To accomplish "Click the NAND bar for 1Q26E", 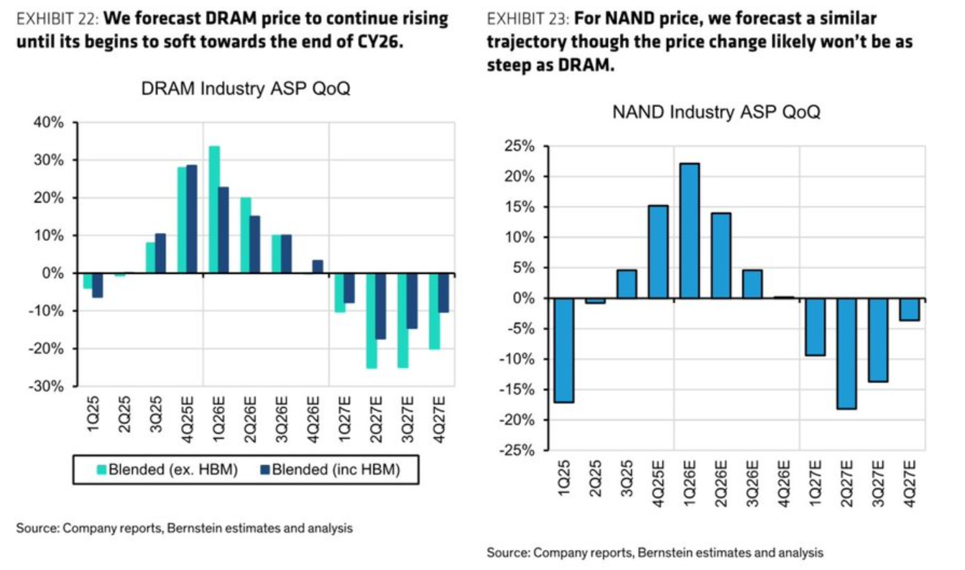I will [x=689, y=231].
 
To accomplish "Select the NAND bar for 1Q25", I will [x=563, y=350].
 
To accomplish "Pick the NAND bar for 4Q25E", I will [x=657, y=252].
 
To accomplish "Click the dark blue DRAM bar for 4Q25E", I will [x=191, y=219].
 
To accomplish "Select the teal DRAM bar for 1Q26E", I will [x=214, y=209].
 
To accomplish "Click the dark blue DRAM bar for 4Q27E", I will [x=443, y=293].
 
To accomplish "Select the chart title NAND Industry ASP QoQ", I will [x=716, y=114].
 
